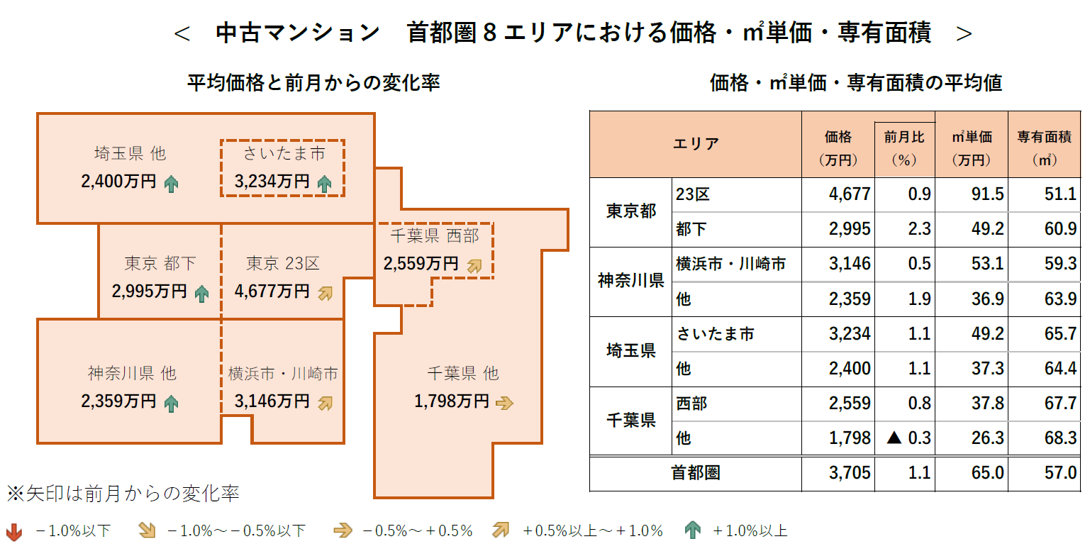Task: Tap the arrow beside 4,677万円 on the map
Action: [325, 292]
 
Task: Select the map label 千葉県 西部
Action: [434, 235]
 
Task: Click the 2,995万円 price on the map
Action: [149, 291]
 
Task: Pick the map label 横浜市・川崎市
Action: [282, 374]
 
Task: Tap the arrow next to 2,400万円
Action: [171, 184]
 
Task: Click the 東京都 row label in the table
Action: [630, 211]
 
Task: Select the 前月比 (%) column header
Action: [904, 148]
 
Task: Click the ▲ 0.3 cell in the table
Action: [908, 438]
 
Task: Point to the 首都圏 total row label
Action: [695, 473]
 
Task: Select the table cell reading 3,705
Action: [850, 473]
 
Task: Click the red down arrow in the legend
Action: [14, 531]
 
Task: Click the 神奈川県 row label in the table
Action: [630, 281]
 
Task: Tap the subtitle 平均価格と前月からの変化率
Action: [313, 83]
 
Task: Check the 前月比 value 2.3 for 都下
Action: [919, 229]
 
